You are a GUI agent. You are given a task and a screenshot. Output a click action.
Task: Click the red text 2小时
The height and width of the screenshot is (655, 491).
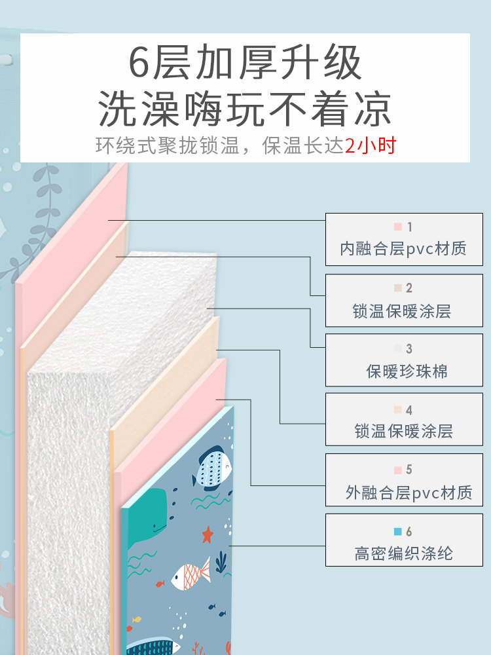tap(371, 145)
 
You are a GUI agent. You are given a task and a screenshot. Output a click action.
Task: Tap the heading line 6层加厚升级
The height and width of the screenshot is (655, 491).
tap(245, 64)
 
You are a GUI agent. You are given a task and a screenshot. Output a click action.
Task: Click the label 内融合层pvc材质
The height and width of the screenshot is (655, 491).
tap(403, 249)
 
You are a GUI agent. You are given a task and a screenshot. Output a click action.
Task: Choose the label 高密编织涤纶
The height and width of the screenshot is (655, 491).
tap(403, 554)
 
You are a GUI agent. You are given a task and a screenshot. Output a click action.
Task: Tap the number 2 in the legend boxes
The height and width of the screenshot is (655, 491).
tap(409, 288)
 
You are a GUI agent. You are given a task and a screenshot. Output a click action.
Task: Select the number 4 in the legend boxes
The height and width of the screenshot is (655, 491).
tap(409, 411)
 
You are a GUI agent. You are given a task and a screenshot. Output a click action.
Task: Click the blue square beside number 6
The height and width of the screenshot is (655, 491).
tap(397, 531)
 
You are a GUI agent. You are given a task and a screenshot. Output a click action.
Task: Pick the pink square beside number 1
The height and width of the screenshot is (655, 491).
tap(397, 227)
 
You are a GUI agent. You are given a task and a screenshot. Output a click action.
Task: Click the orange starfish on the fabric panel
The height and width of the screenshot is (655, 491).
tap(208, 534)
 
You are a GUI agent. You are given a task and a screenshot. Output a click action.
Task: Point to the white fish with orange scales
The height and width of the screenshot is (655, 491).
tap(191, 574)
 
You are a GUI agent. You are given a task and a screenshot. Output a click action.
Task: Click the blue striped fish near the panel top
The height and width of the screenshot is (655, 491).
tap(214, 468)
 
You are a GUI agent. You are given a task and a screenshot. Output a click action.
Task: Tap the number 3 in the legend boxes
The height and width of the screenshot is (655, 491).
tap(409, 349)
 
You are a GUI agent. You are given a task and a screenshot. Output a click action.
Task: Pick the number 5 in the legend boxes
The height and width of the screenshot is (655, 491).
tap(409, 470)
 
